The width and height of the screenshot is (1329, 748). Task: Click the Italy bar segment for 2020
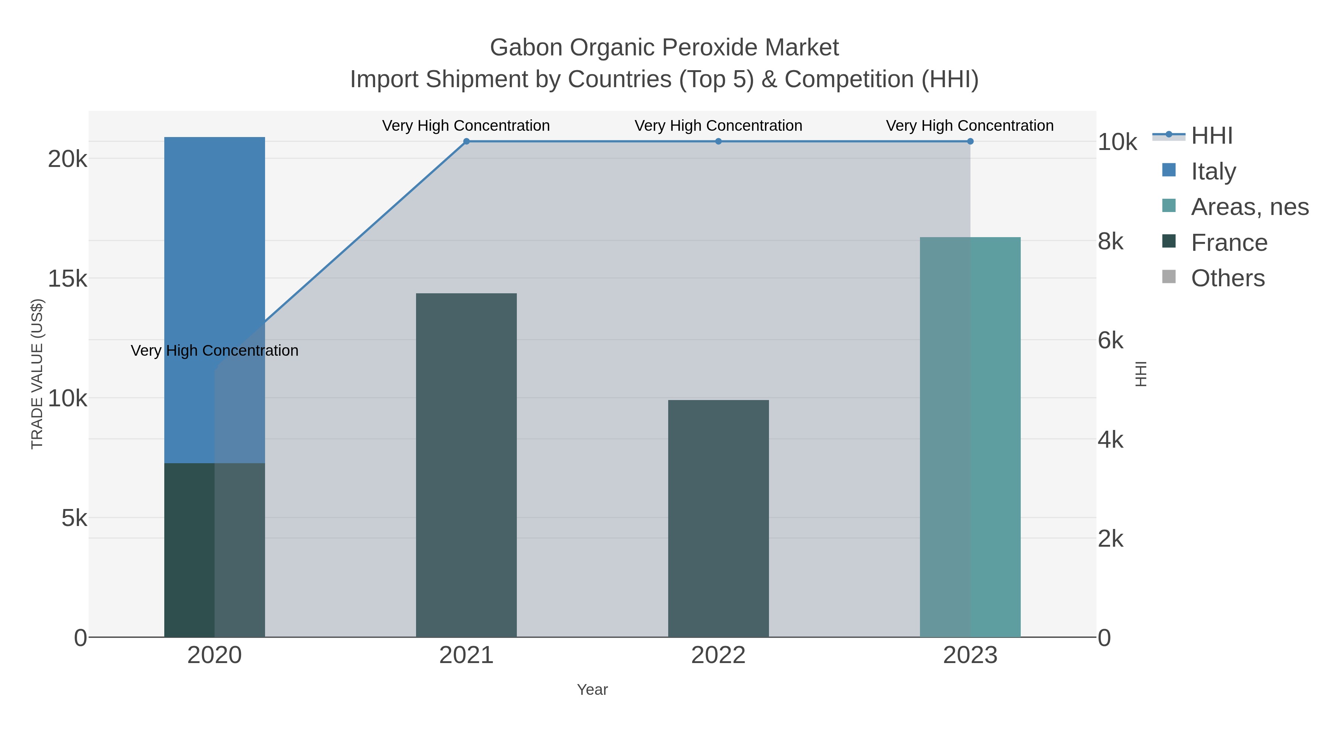click(x=214, y=300)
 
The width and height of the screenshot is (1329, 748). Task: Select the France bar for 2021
click(x=466, y=465)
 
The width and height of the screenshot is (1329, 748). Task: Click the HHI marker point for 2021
click(x=466, y=141)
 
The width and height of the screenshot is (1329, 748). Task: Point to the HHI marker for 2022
click(x=718, y=141)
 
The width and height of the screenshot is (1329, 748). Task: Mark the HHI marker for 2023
click(x=970, y=141)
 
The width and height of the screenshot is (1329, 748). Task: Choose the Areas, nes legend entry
click(x=1249, y=207)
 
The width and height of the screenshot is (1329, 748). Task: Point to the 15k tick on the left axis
click(x=68, y=279)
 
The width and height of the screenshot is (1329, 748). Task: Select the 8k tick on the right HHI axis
click(x=1110, y=241)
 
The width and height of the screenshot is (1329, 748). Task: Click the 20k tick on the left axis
click(x=68, y=159)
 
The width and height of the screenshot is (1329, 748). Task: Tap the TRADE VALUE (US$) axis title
click(x=37, y=374)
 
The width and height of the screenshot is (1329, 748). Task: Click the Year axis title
click(x=592, y=690)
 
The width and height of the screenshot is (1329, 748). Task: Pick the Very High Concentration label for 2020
click(x=214, y=351)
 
